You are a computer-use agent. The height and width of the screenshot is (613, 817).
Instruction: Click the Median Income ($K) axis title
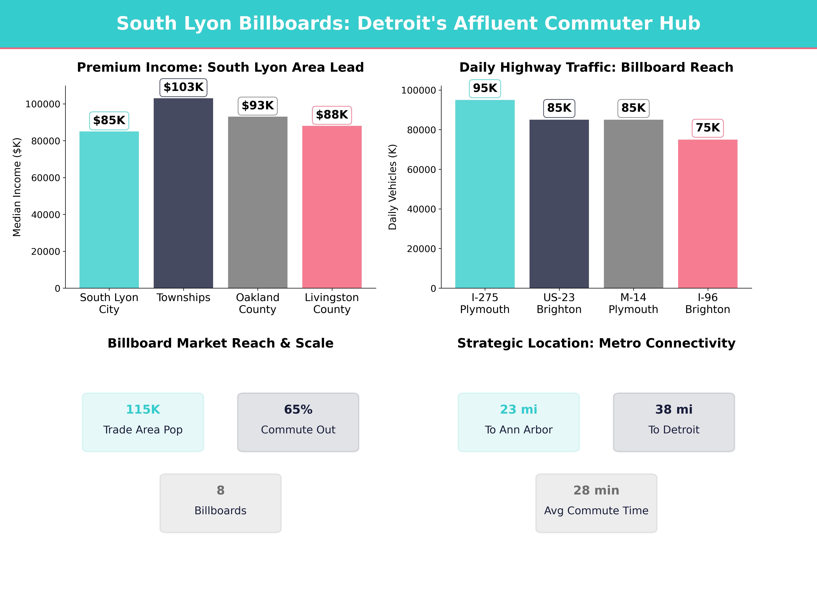tap(17, 187)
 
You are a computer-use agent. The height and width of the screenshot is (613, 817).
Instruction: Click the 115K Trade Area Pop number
tap(143, 409)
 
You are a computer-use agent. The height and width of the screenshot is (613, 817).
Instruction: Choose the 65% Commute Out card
tap(298, 422)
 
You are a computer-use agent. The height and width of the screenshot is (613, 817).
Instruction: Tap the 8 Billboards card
tap(220, 503)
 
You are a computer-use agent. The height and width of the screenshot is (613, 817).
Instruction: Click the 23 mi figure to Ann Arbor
tap(519, 409)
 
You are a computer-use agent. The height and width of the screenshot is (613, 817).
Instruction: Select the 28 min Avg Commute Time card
tap(596, 503)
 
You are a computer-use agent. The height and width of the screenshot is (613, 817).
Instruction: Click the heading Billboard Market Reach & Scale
tap(220, 343)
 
